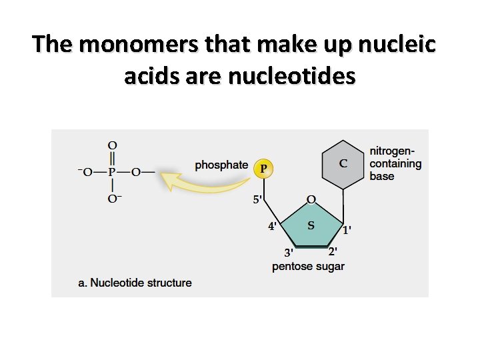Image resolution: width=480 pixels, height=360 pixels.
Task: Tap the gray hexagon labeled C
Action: (x=343, y=163)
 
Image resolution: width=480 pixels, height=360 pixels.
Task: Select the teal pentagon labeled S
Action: (x=311, y=225)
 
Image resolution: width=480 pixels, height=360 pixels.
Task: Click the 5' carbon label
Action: (x=258, y=199)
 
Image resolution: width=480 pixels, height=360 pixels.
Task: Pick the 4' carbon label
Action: (x=273, y=226)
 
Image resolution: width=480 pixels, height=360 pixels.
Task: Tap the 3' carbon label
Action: (x=289, y=253)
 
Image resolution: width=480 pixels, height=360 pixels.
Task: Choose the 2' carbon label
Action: (x=332, y=251)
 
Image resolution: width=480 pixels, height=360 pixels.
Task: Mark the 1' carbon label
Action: (x=347, y=230)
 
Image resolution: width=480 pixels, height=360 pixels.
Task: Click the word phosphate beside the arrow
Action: (x=221, y=165)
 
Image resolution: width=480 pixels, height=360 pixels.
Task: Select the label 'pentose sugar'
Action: (x=308, y=267)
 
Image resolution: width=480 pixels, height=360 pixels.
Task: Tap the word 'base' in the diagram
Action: (x=382, y=176)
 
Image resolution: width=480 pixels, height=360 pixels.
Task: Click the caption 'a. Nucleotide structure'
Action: (x=135, y=283)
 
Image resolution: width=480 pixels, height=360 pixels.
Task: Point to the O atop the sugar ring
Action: (x=311, y=199)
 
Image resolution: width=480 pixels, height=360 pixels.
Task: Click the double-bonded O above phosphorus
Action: (x=112, y=145)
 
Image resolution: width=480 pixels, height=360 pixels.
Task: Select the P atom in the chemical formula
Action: (x=112, y=172)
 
